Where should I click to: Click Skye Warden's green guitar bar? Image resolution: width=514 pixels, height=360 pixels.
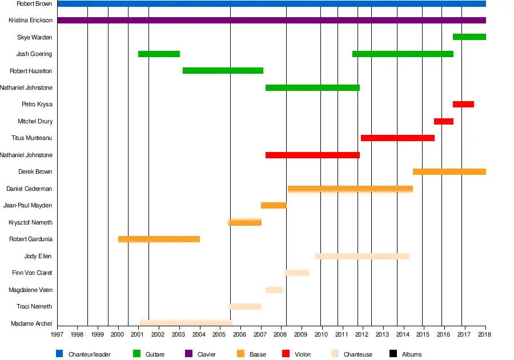pos(469,37)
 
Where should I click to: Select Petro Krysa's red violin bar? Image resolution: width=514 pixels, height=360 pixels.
pos(463,105)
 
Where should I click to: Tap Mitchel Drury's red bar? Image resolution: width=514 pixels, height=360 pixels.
pos(443,121)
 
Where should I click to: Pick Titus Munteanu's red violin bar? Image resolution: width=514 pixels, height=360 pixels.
pos(397,138)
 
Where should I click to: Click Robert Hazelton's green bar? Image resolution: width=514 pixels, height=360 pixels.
pos(223,71)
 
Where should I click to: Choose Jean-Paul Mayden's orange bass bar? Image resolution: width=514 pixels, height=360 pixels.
pos(274,205)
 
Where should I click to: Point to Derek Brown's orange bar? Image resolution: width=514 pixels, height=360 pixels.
pos(449,171)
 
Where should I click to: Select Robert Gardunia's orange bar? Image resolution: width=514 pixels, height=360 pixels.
pos(159,239)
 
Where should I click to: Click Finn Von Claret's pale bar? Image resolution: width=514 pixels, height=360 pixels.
pos(297,273)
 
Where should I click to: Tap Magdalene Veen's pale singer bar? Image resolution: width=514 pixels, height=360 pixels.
pos(274,290)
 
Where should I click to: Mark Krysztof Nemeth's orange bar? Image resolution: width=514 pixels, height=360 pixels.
pos(244,222)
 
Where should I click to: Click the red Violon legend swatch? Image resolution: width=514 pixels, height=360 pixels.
pos(287,354)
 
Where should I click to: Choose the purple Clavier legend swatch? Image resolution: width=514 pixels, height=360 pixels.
pos(190,354)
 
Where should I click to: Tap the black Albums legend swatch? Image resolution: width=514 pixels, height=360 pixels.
pos(393,354)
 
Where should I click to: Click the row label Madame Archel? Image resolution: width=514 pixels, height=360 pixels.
pos(31,324)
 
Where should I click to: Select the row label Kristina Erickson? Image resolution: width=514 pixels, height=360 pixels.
pos(30,21)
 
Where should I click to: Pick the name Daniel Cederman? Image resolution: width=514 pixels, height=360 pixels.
pos(29,189)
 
